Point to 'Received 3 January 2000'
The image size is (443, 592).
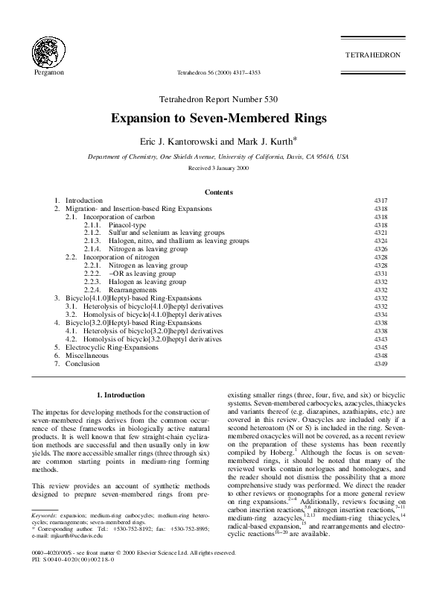(x=221, y=169)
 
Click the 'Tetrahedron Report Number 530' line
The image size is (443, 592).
(x=221, y=99)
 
